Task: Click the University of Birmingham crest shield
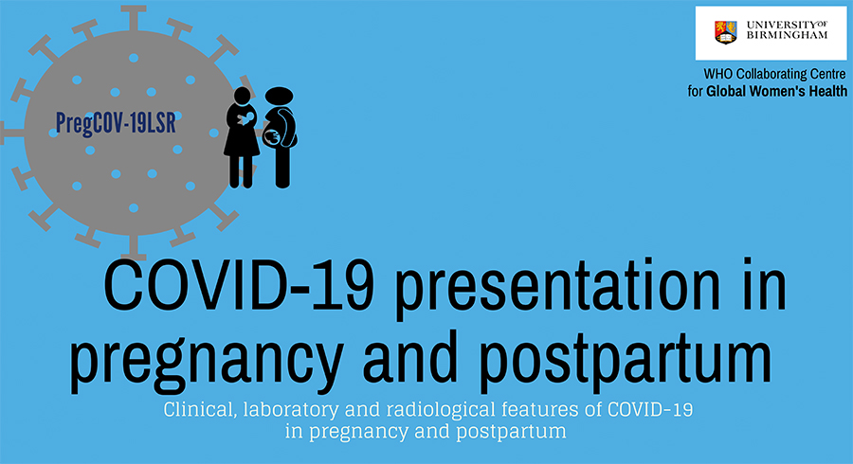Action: (725, 32)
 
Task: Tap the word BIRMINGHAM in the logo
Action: (787, 35)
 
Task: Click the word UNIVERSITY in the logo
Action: (780, 25)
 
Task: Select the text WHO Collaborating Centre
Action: (774, 74)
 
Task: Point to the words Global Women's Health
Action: (776, 91)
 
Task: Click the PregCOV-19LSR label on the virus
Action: (116, 123)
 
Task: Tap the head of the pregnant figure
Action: (279, 97)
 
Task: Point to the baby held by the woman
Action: (245, 119)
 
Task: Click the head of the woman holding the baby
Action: (242, 96)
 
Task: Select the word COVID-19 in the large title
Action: (239, 285)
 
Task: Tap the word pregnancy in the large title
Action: (207, 362)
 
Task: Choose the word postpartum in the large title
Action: (626, 359)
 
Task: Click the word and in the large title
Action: (409, 355)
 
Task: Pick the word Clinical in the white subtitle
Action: (200, 409)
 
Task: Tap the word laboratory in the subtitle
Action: (291, 410)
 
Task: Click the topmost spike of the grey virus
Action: (134, 18)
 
